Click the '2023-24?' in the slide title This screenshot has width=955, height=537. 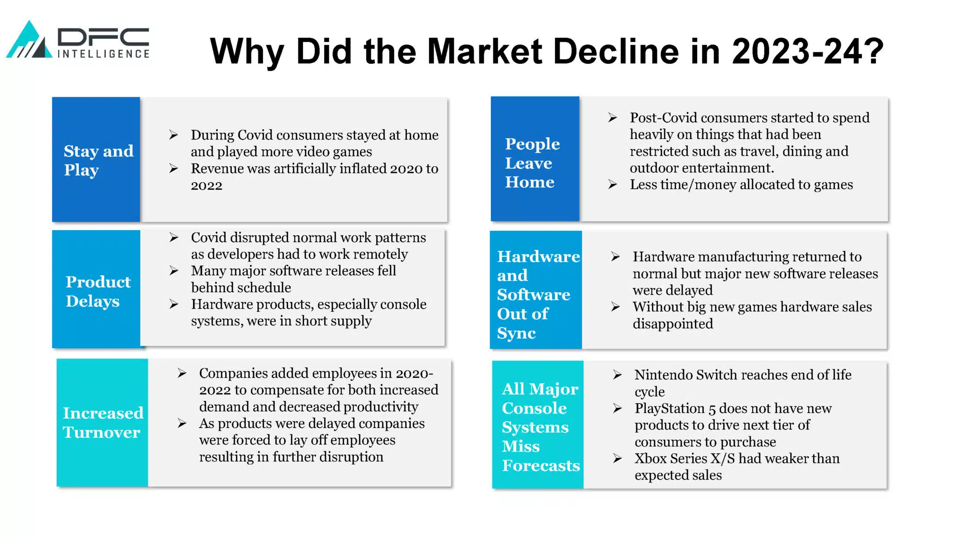[x=808, y=51]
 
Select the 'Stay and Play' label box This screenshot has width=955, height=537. [x=96, y=159]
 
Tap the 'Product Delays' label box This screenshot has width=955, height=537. [x=96, y=289]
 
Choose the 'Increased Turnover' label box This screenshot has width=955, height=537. [x=102, y=422]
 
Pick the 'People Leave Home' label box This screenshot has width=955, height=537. [x=535, y=158]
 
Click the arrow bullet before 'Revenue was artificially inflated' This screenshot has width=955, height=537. [x=173, y=168]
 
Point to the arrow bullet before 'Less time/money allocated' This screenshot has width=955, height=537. [x=613, y=185]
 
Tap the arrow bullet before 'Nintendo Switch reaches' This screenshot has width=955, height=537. [x=617, y=375]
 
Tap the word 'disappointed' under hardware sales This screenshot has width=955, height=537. [x=673, y=324]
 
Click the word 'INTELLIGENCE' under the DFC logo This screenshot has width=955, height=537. [x=104, y=54]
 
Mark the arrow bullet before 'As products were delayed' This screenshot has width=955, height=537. [x=182, y=423]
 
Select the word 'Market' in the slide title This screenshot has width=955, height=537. [x=484, y=51]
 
